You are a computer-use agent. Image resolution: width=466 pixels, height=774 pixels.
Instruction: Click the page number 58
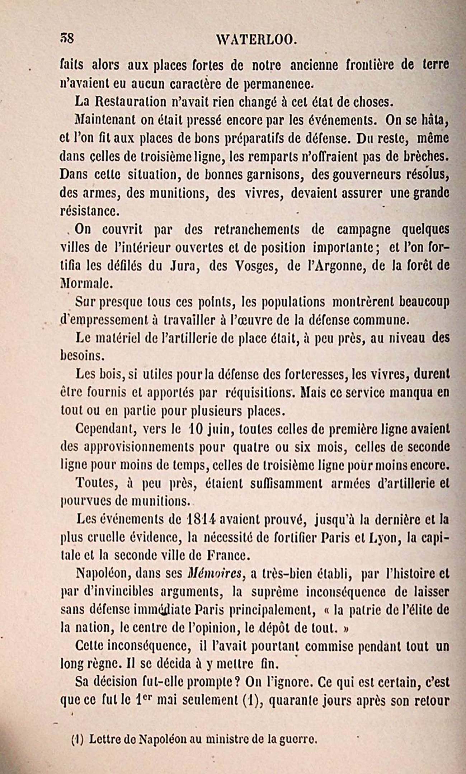point(67,38)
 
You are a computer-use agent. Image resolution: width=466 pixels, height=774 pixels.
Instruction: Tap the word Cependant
point(105,429)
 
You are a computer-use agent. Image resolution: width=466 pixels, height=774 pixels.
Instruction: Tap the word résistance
point(89,211)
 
